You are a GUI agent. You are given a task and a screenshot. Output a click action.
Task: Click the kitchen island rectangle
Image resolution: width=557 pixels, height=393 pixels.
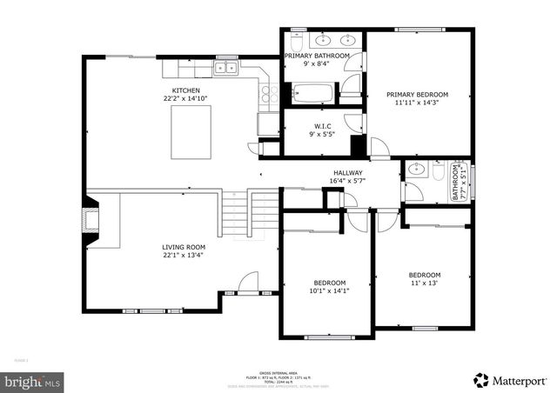[192, 134]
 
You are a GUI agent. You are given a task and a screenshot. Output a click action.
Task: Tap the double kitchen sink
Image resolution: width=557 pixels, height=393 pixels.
[226, 67]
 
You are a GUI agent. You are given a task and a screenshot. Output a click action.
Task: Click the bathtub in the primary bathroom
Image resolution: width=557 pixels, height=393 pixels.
[312, 91]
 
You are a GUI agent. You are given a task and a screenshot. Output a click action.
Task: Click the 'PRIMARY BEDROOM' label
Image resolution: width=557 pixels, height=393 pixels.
[417, 94]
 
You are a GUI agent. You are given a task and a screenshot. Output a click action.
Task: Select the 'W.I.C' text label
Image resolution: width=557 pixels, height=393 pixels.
[322, 126]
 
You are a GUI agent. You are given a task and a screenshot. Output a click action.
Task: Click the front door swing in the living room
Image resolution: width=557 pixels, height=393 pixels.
[248, 282]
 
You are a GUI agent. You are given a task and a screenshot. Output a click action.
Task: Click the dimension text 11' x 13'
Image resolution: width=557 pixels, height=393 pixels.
[425, 283]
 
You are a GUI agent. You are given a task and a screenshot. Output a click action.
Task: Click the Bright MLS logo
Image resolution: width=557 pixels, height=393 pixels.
[33, 381]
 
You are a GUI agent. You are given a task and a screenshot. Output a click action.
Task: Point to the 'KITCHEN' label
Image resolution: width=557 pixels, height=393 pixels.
[186, 90]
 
